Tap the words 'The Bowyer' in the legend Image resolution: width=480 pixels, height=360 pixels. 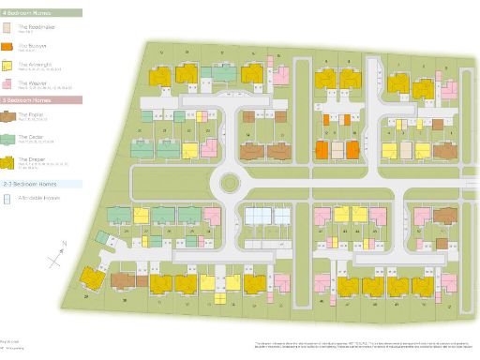[x=32, y=43]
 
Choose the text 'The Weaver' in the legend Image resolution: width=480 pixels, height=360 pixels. [x=33, y=82]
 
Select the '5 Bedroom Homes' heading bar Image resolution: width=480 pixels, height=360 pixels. [x=28, y=98]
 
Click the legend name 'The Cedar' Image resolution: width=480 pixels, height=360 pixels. [x=30, y=136]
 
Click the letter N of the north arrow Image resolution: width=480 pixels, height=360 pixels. [x=62, y=241]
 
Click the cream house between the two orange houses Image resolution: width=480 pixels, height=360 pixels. [x=337, y=149]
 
